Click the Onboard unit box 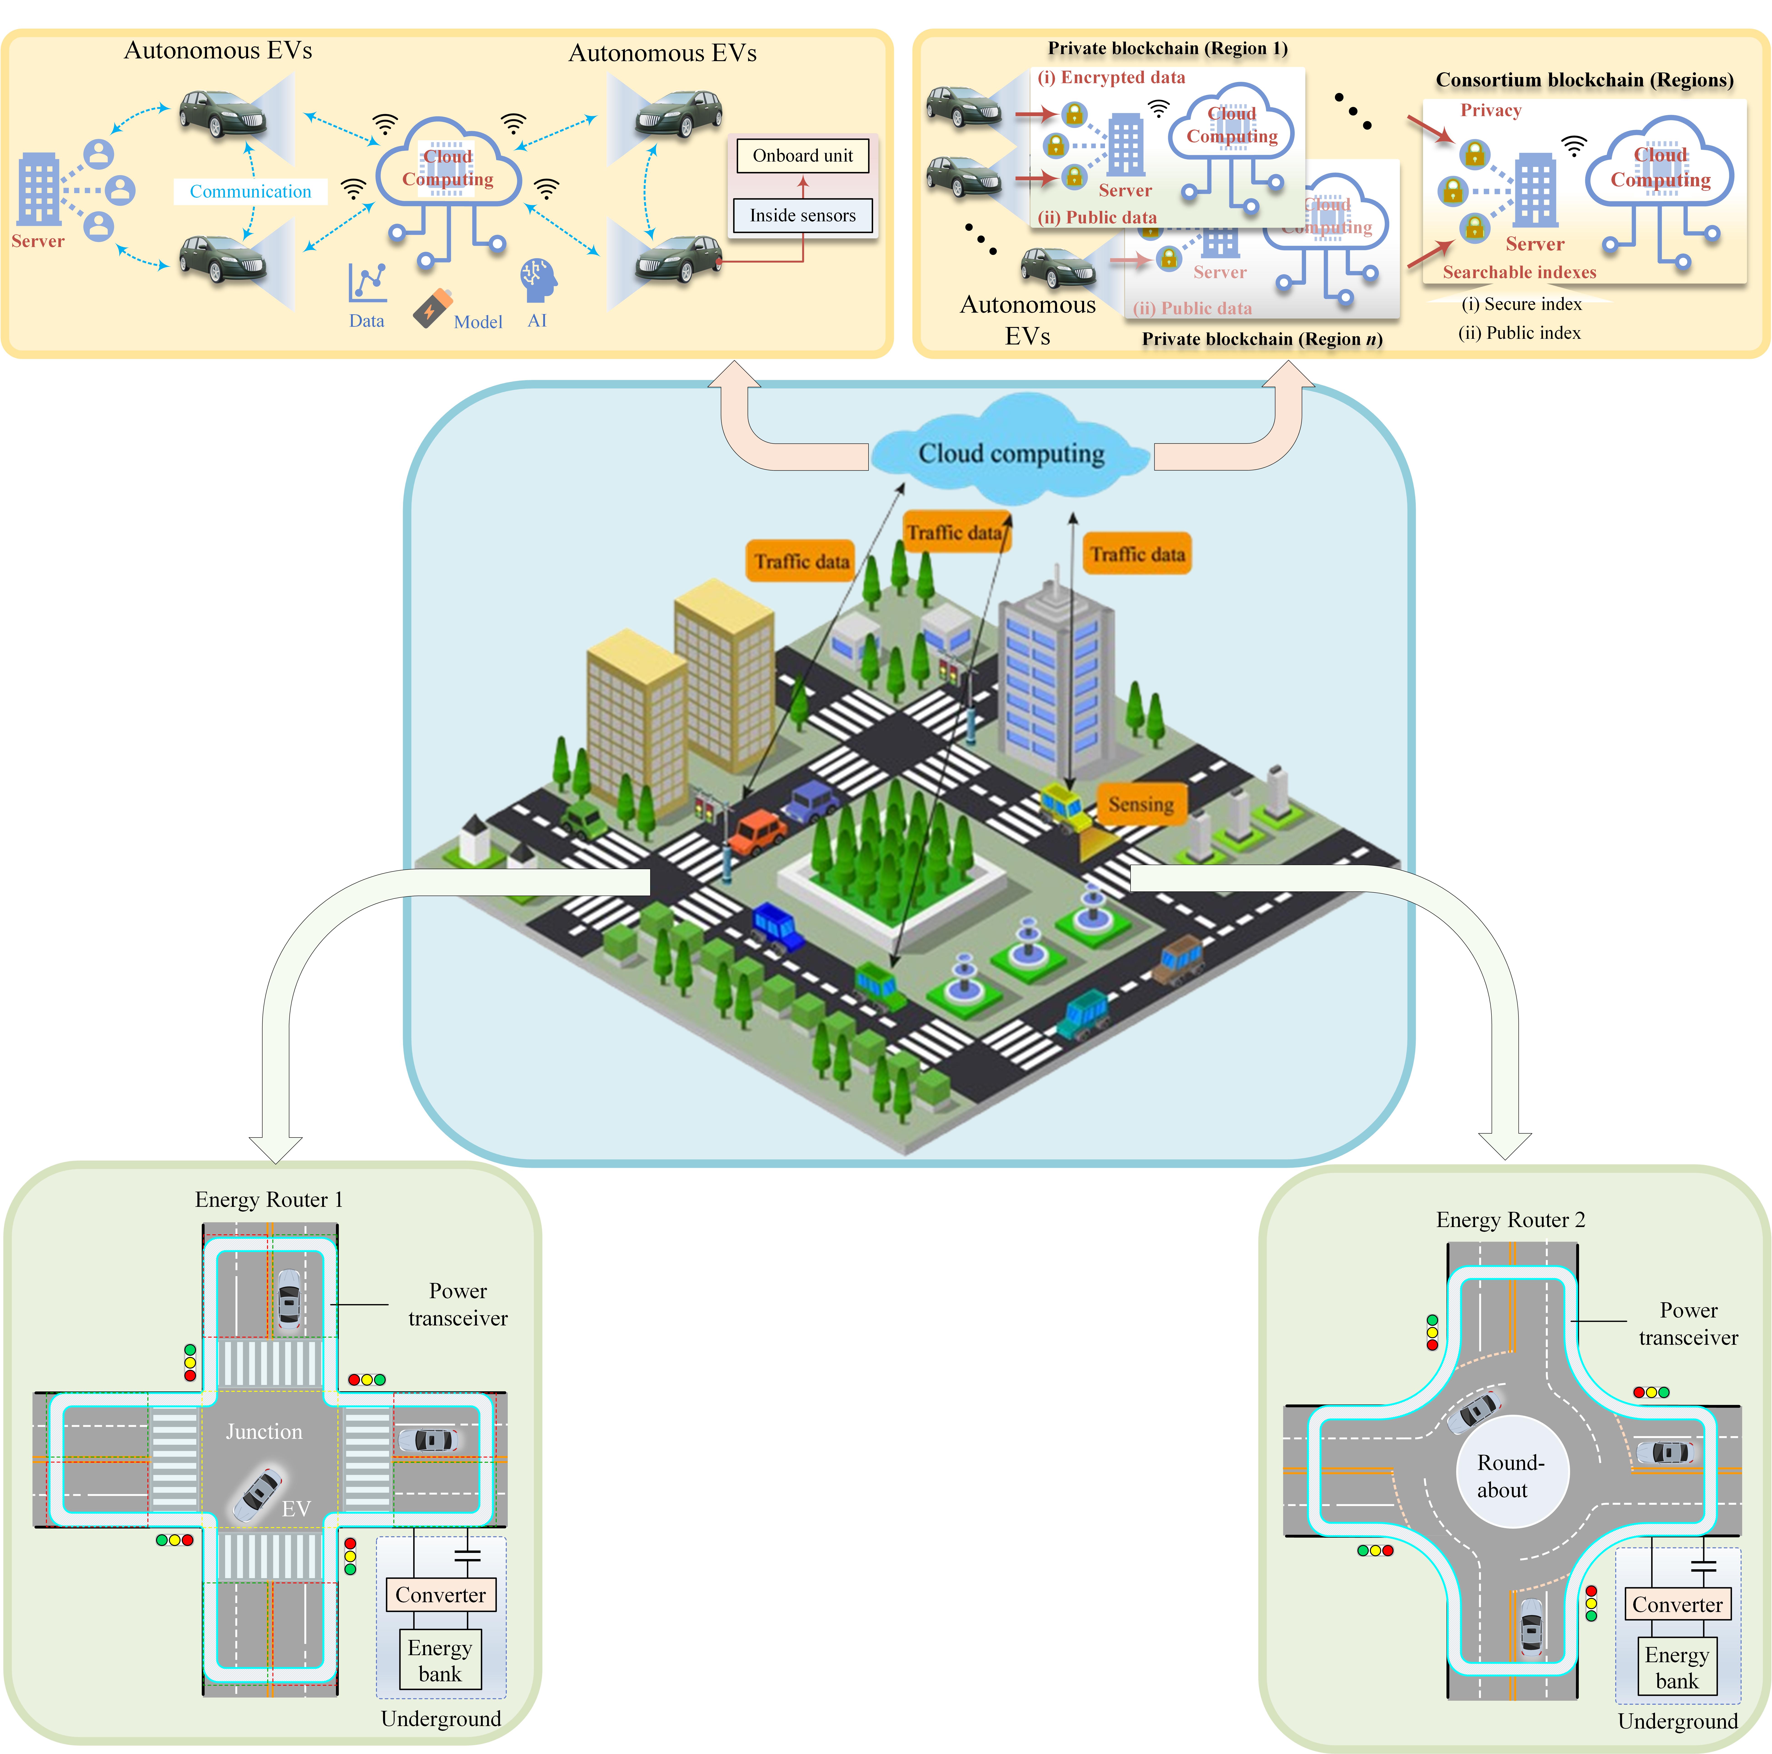pos(803,156)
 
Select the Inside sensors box pos(803,216)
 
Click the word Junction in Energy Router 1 pos(264,1431)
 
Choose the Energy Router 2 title pos(1510,1219)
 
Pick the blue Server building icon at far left pos(39,189)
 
